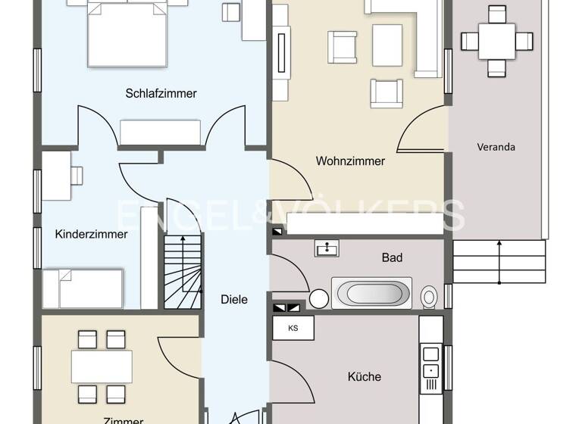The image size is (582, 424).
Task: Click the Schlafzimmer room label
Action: pos(161,94)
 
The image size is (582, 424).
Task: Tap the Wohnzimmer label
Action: pos(350,161)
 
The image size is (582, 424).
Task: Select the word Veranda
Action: pos(496,147)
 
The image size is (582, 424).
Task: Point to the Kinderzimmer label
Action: pos(91,234)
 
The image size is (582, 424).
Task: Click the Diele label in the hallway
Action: pos(234,299)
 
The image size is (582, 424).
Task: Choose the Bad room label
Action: pos(392,258)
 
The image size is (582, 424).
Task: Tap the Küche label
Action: pos(364,376)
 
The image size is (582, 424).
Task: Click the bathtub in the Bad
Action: pos(371,293)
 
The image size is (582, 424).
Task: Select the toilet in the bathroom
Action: pos(430,297)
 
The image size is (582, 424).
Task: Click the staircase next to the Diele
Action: pos(183,272)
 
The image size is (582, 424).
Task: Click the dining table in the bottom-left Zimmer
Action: pos(102,366)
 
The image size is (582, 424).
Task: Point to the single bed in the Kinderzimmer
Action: pos(83,288)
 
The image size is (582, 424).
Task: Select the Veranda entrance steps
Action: pos(499,262)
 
